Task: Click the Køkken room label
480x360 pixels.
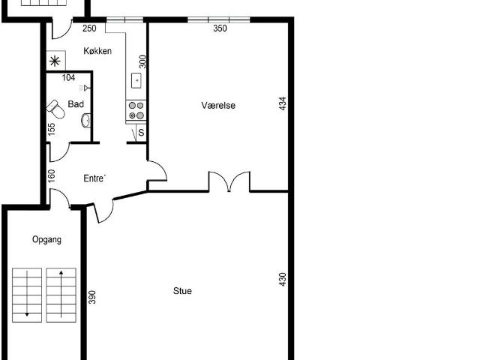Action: point(97,51)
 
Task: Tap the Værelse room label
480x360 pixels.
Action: point(218,105)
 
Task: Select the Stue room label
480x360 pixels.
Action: point(182,290)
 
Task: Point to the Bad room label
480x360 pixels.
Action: point(76,104)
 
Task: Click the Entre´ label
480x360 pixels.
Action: point(94,178)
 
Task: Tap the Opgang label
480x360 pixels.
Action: point(46,239)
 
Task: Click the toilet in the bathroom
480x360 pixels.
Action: point(55,109)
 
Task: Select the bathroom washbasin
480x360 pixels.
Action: point(86,120)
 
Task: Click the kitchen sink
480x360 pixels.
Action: point(136,80)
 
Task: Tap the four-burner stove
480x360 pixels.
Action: point(136,110)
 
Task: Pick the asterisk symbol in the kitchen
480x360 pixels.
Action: point(55,61)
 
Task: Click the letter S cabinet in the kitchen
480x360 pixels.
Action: point(141,133)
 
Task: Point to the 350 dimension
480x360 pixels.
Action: point(220,28)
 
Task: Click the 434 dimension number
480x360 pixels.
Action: point(283,103)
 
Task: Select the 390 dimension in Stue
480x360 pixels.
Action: point(91,297)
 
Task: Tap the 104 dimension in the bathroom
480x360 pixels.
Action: point(68,78)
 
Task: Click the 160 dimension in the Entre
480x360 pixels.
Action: point(52,176)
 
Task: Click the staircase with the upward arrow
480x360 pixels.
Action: point(61,295)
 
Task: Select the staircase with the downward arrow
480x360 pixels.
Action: point(27,295)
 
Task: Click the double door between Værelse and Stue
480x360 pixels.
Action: point(229,181)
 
